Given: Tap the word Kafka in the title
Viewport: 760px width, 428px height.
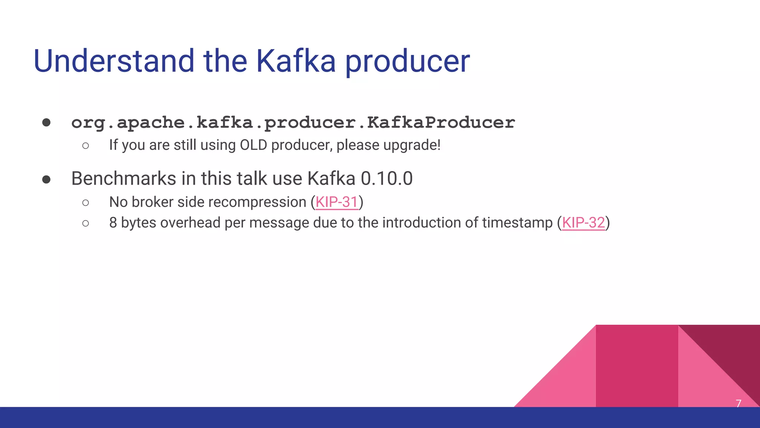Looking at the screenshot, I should (296, 61).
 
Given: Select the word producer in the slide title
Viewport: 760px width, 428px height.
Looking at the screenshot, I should (407, 62).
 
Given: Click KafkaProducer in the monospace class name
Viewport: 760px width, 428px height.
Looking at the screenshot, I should (441, 123).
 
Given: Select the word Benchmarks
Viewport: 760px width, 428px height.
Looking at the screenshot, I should (124, 178).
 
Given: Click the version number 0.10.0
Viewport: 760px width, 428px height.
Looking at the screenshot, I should (387, 178).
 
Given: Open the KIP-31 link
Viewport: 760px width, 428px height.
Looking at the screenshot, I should (337, 202).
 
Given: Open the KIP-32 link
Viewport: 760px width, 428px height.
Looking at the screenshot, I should (583, 223).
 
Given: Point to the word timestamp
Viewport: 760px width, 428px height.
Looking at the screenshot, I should (517, 223).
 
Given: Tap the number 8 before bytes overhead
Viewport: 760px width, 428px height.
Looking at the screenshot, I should (113, 223).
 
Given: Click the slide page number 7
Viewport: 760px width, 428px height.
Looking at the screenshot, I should (738, 403).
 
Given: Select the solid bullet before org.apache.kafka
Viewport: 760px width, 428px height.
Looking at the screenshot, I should (46, 123).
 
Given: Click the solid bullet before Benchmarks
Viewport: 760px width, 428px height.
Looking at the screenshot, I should (46, 180).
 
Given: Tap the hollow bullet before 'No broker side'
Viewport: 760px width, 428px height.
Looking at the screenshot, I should (86, 203).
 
